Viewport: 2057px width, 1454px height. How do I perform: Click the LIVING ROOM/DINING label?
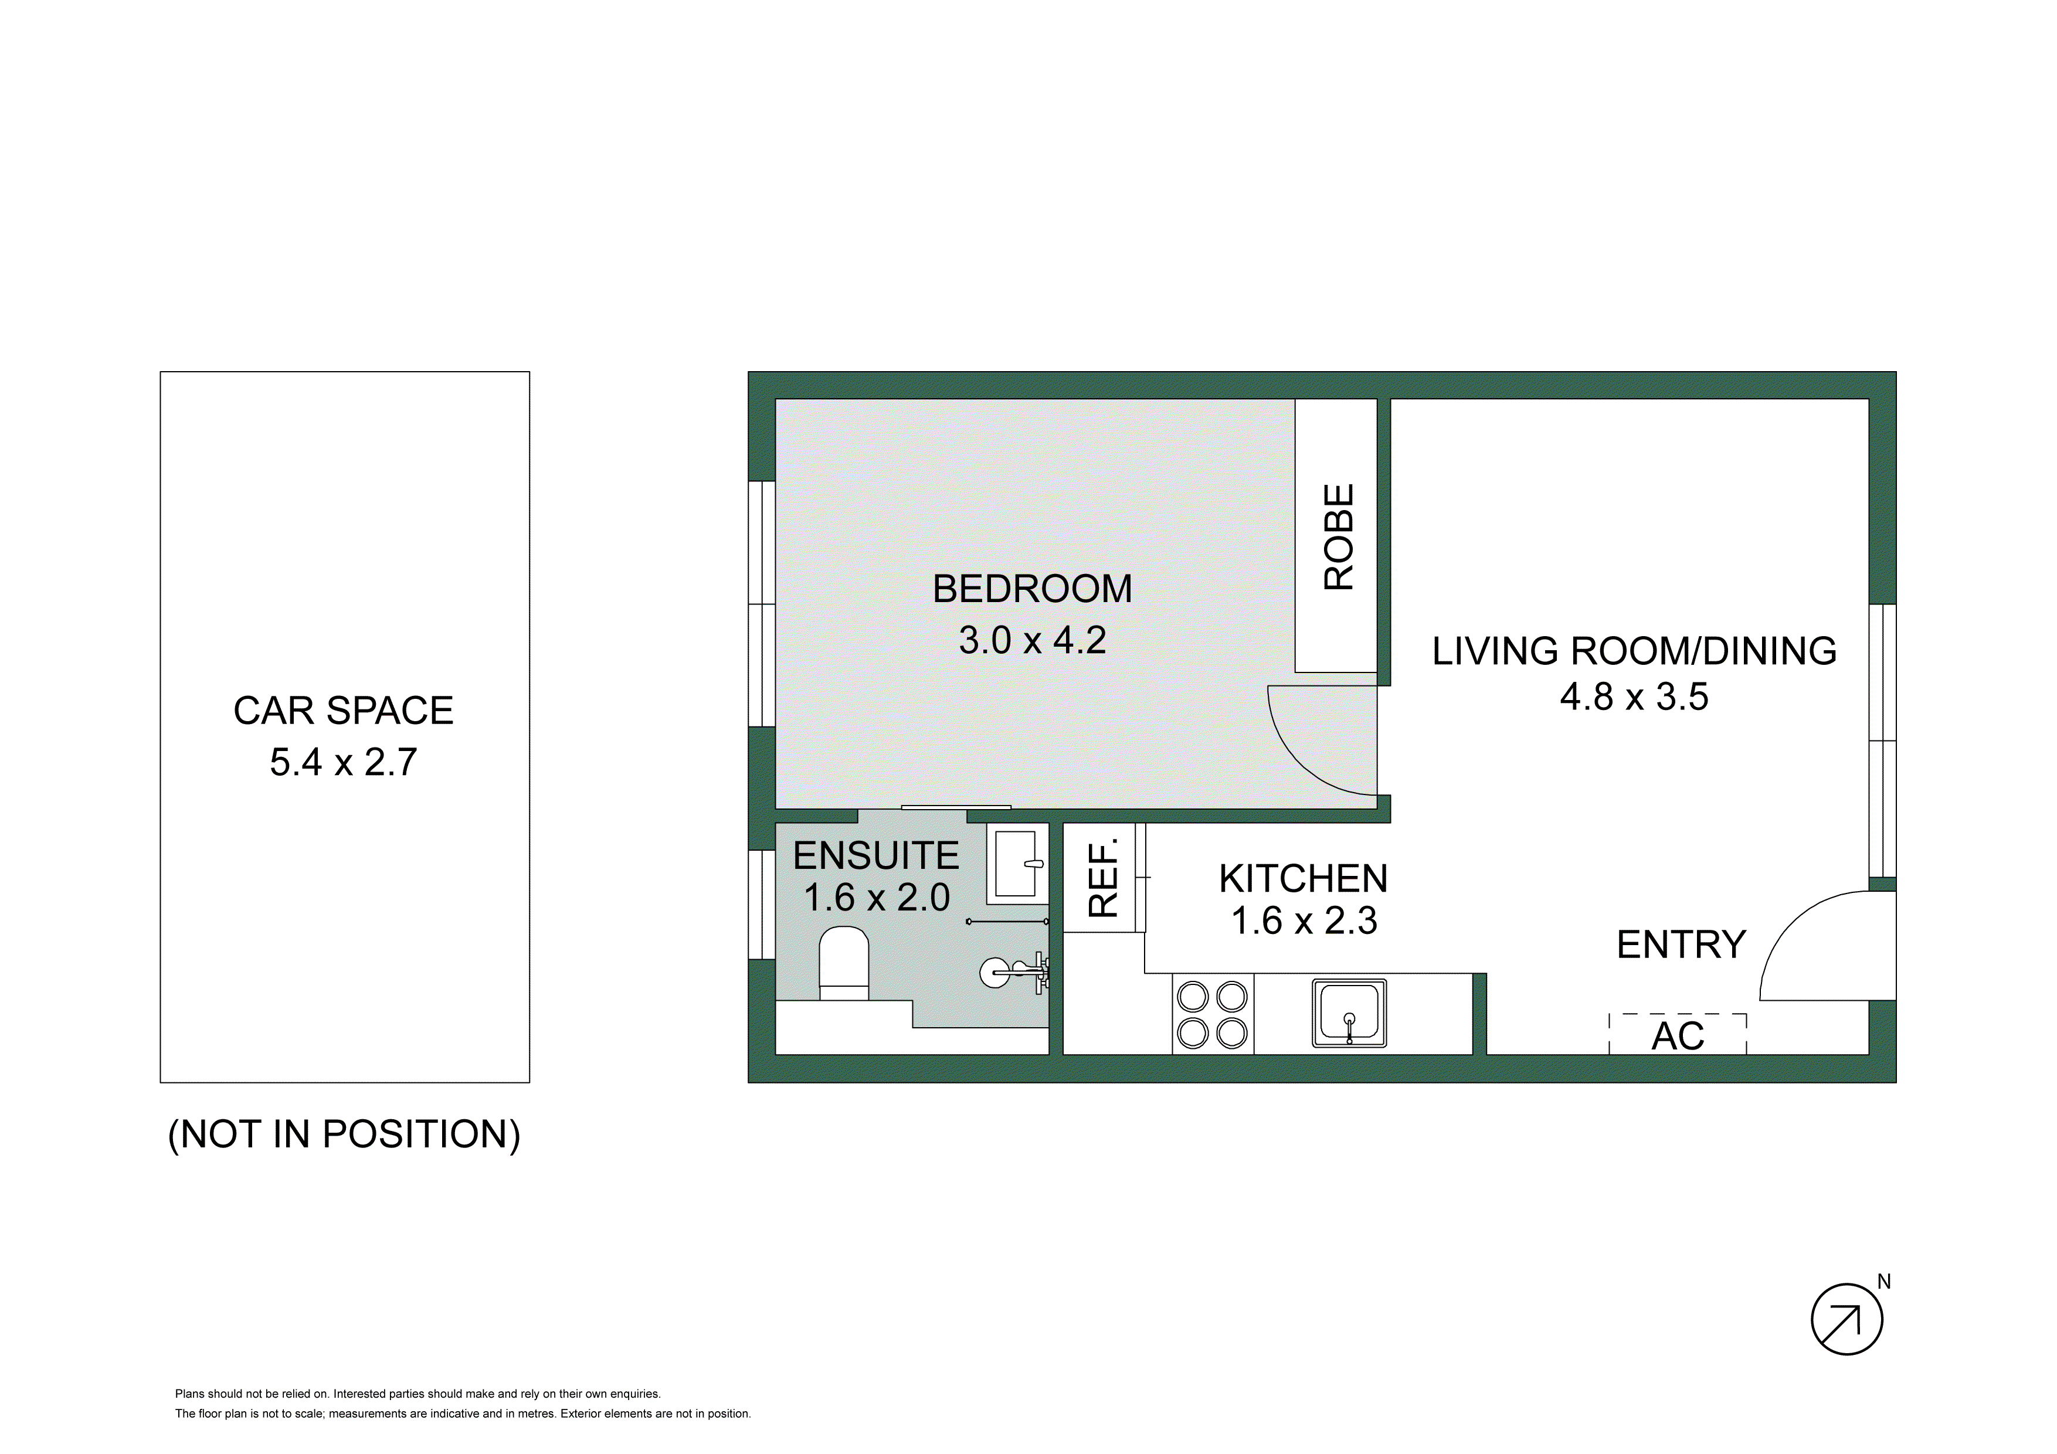coord(1634,651)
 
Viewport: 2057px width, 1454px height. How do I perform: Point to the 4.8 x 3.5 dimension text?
coord(1634,697)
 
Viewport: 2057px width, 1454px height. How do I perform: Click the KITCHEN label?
coord(1304,879)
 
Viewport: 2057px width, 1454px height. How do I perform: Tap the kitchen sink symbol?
coord(1349,1013)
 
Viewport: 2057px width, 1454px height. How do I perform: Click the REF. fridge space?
coord(1104,878)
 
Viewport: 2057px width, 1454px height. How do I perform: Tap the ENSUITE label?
coord(875,857)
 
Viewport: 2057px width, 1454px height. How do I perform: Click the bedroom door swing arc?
coord(1308,753)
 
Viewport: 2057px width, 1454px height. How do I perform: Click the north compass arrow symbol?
coord(1846,1320)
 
